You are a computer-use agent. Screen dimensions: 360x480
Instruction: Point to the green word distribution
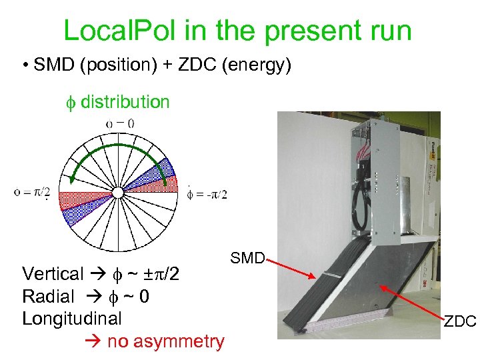pos(125,102)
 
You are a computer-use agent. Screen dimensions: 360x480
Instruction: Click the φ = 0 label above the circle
pos(120,123)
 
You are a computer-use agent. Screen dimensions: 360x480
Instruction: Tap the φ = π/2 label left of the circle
pos(32,193)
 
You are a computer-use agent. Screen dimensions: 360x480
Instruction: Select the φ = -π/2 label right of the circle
pos(207,193)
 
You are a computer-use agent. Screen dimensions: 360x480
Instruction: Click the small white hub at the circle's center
pos(118,193)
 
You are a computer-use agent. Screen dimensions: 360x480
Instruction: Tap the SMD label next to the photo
pos(247,257)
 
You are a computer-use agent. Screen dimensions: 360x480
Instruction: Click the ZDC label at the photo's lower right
pos(460,322)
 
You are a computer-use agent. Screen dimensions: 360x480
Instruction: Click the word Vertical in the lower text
pos(53,274)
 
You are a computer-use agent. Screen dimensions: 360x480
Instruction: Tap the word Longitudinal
pos(72,318)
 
